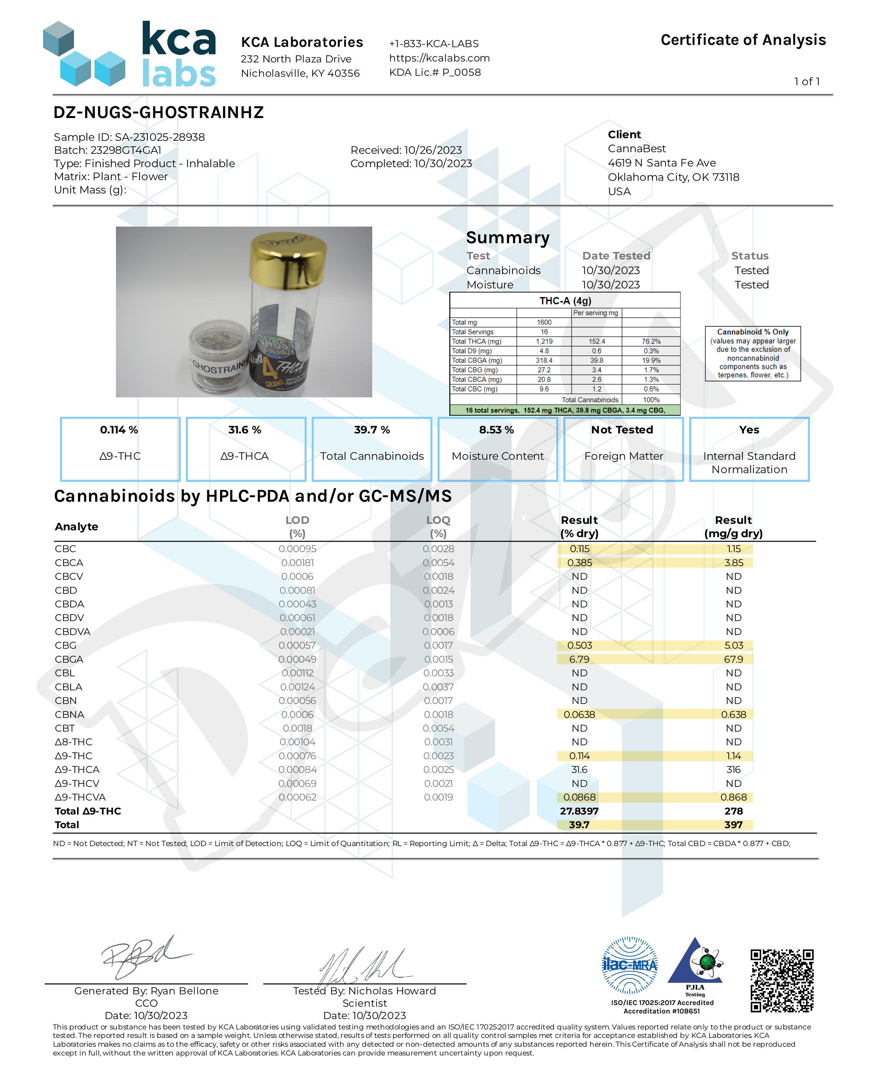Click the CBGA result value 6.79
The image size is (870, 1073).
pos(579,659)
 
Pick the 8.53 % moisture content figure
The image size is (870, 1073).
pos(496,429)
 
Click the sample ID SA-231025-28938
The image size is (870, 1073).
pos(159,137)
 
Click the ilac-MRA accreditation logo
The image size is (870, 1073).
pos(629,965)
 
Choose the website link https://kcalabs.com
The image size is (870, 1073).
pos(439,58)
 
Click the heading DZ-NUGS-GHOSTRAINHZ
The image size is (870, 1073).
pos(158,112)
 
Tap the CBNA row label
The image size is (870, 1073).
pos(69,714)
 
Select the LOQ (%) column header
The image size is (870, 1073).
pos(438,526)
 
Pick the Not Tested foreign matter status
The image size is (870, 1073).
pos(622,429)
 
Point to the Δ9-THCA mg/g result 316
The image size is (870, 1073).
pos(733,769)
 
